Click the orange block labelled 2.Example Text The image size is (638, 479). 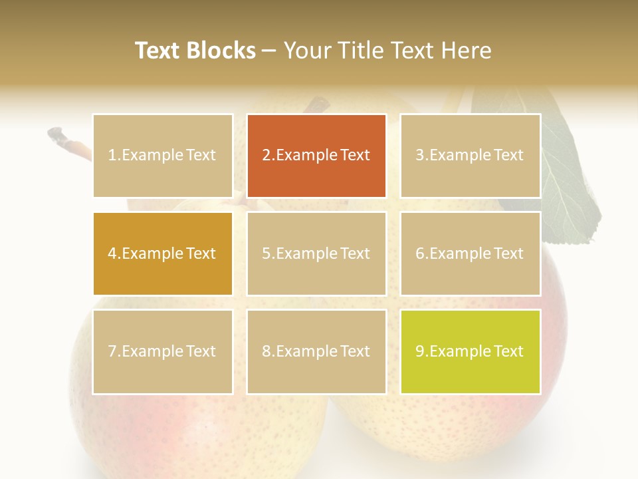coord(316,156)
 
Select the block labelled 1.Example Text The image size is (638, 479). coord(162,156)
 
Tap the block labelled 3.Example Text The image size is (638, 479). coord(470,156)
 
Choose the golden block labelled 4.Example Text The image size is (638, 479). coord(162,253)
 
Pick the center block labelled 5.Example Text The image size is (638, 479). coord(316,253)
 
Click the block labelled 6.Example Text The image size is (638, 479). coord(470,253)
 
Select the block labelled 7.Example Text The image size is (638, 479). coord(162,351)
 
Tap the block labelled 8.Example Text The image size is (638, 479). coord(316,351)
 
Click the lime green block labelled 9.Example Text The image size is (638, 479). coord(470,351)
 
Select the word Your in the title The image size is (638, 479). coord(306,51)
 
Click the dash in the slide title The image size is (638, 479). coord(269,51)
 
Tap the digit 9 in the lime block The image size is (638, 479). coord(419,351)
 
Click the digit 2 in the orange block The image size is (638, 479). coord(266,156)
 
